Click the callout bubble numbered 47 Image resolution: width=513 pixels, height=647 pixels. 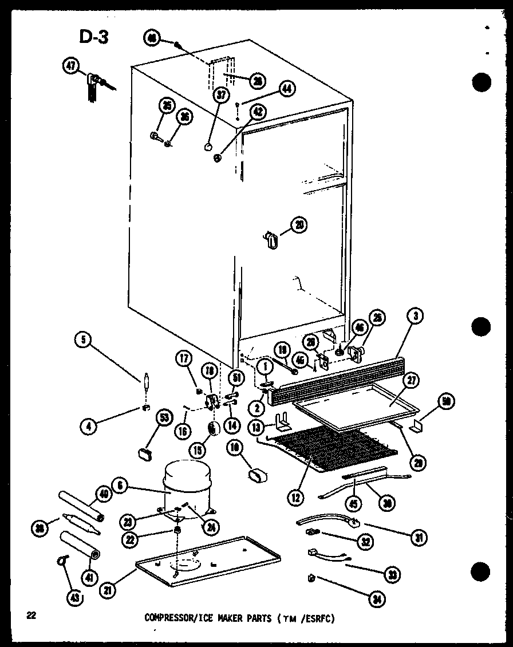71,67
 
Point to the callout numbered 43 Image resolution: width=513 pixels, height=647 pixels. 74,598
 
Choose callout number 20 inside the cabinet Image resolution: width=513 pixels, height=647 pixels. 298,225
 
